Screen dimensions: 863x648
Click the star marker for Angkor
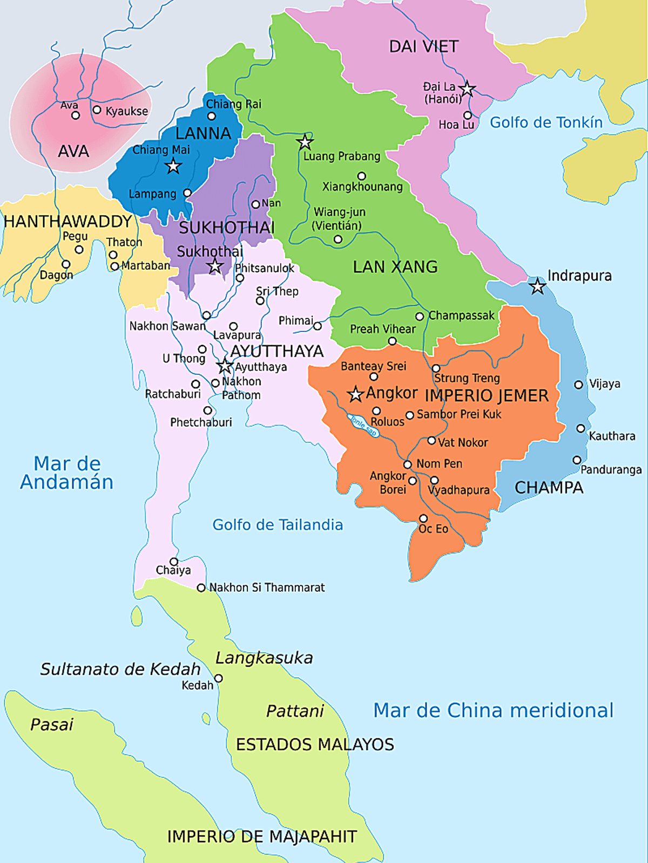coord(355,394)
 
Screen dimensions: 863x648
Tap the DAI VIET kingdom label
coord(424,47)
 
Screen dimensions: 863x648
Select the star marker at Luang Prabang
coord(305,142)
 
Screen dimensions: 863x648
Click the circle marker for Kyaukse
coord(97,110)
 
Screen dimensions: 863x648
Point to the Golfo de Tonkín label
coord(546,122)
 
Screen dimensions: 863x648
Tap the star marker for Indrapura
coord(537,286)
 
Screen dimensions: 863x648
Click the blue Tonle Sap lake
coord(363,426)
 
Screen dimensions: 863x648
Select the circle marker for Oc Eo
coord(423,518)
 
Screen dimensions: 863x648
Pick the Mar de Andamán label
coord(67,472)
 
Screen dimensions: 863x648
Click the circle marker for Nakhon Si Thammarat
coord(201,587)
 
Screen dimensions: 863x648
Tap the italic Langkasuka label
coord(264,658)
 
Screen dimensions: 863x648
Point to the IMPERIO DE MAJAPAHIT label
coord(262,837)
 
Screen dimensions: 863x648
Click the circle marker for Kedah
coord(219,678)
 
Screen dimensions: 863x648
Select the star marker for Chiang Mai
coord(173,166)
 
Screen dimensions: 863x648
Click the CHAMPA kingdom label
coord(549,488)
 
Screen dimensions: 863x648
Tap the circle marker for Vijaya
coord(578,385)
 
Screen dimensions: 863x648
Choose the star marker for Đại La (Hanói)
coord(467,88)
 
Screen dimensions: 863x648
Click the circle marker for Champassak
coord(420,316)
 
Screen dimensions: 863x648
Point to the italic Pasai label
coord(51,724)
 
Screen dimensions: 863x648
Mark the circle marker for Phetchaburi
coord(207,410)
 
